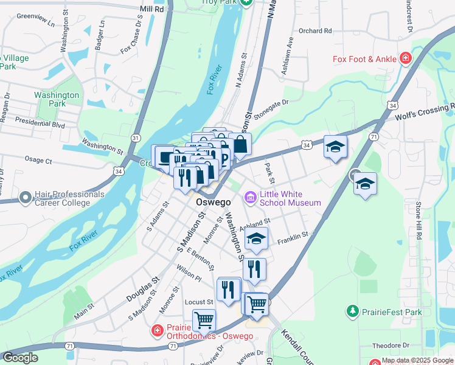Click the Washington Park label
tap(57, 99)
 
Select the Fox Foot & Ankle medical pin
tap(405, 59)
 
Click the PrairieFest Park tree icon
tap(352, 312)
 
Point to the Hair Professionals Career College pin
tap(25, 198)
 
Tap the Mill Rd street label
tap(151, 10)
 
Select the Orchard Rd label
tap(315, 30)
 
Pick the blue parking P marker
tap(223, 159)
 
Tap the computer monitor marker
tap(165, 158)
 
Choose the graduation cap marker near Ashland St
tap(257, 238)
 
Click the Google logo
tap(20, 358)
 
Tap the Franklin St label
tap(293, 237)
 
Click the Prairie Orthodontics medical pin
tap(158, 331)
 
